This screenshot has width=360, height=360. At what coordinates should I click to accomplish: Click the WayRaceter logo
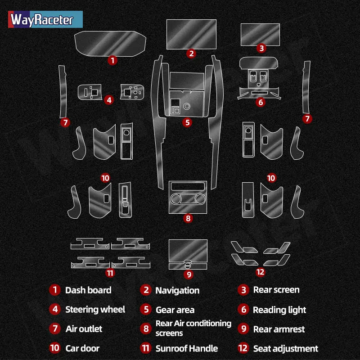tap(45, 19)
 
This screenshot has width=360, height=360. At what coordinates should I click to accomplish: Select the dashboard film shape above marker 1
tap(110, 44)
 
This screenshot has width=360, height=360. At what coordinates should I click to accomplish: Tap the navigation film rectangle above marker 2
tap(191, 35)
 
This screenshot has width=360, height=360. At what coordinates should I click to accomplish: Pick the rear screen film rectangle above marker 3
tap(260, 35)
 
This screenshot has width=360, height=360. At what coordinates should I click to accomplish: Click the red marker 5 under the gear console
tap(187, 122)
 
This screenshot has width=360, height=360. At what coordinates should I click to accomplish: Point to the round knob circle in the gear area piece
tap(187, 106)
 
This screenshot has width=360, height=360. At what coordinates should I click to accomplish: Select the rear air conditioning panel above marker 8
tap(188, 197)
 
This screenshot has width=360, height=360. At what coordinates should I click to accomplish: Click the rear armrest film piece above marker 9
tap(188, 254)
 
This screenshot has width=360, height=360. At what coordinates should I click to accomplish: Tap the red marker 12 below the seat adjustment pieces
tap(261, 272)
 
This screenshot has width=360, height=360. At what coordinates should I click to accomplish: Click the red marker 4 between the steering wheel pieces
tap(109, 100)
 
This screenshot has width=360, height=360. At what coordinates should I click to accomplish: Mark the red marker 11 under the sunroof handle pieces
tap(110, 273)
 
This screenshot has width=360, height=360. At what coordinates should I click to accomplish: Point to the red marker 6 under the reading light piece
tap(261, 102)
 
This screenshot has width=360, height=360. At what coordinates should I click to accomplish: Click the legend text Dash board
tap(88, 290)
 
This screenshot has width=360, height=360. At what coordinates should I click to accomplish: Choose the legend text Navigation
tap(177, 291)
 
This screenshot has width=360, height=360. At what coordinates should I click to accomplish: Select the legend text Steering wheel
tap(95, 310)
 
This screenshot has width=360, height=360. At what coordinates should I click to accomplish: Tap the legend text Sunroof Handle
tap(187, 348)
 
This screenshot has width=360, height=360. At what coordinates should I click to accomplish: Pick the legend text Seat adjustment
tap(286, 349)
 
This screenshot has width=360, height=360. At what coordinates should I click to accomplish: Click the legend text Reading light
tap(279, 310)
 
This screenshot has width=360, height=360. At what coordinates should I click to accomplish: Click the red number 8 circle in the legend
tap(146, 329)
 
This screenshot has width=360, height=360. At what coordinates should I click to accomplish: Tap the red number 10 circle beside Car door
tap(54, 348)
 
